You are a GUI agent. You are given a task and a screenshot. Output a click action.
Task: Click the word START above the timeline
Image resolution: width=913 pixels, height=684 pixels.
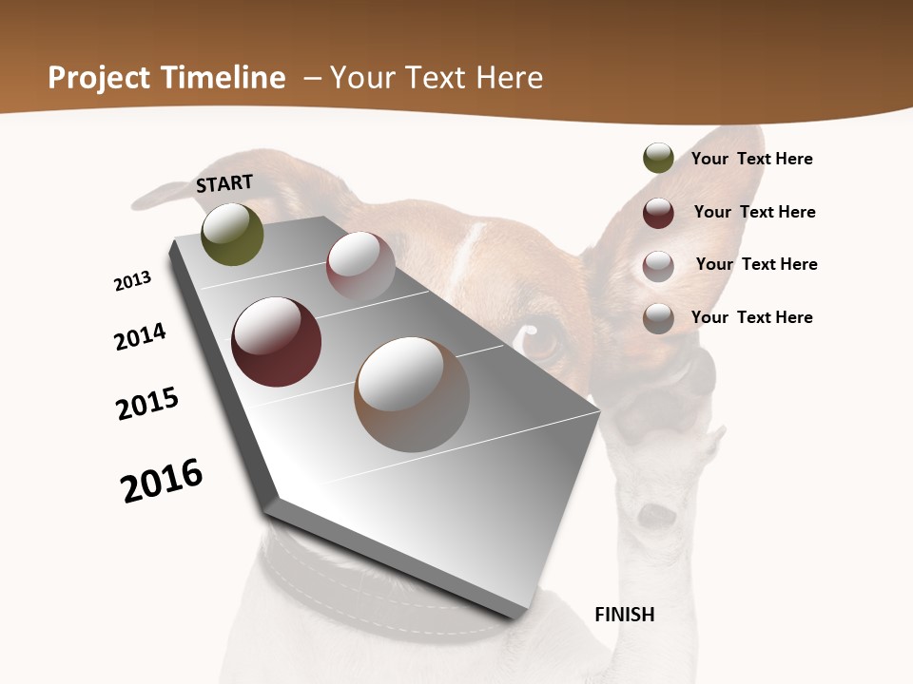(x=224, y=183)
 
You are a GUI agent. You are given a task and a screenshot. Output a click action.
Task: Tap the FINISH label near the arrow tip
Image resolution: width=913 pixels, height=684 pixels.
(x=624, y=615)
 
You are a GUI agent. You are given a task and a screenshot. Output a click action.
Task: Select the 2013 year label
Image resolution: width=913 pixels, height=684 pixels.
(x=132, y=281)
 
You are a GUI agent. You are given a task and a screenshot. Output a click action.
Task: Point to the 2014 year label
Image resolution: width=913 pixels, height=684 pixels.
(x=140, y=336)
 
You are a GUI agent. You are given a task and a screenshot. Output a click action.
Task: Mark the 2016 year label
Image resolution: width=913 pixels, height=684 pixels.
(x=162, y=481)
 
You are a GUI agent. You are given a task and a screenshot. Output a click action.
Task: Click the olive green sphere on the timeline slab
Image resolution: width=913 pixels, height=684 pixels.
(x=232, y=235)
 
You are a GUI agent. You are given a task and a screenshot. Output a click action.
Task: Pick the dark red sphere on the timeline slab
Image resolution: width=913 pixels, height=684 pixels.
(x=276, y=342)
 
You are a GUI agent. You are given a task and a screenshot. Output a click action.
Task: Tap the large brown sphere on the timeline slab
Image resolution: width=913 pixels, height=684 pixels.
(x=412, y=394)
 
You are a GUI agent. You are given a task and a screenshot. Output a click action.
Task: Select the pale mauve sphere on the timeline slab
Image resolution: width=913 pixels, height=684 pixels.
(x=360, y=265)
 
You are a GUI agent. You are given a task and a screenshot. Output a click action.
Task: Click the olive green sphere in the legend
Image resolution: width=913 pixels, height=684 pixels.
(x=658, y=159)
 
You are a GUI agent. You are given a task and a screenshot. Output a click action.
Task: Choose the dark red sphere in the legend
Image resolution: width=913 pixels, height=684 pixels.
(x=658, y=213)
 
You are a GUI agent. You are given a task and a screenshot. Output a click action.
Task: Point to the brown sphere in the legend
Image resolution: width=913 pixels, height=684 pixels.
(x=658, y=318)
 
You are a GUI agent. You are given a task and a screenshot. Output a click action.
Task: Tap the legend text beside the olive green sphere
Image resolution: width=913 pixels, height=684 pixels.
(x=751, y=159)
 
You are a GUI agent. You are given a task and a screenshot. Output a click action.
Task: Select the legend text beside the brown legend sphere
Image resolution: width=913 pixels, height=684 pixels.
(x=751, y=317)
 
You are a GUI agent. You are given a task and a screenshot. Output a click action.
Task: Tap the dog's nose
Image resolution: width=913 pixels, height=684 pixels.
(x=657, y=516)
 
